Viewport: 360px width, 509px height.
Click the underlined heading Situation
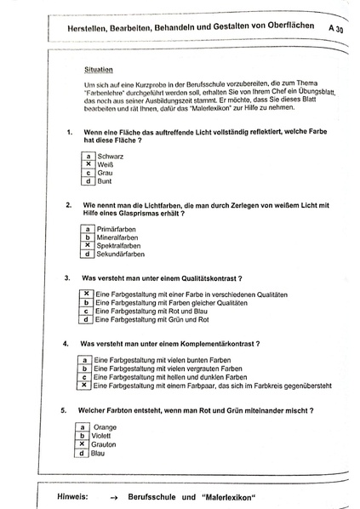click(x=100, y=69)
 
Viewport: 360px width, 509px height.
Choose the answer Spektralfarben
click(x=121, y=246)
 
